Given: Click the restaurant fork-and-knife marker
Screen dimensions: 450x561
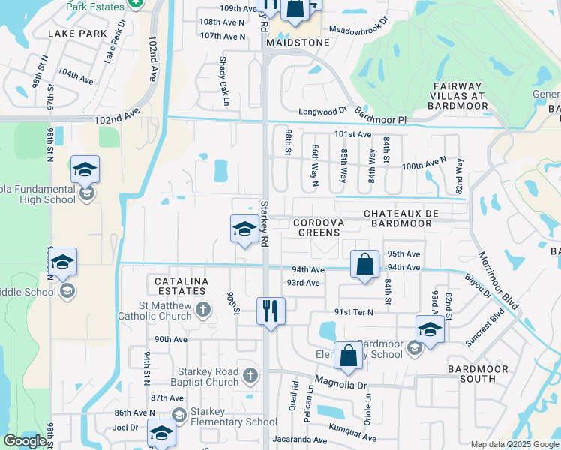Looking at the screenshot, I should (271, 310).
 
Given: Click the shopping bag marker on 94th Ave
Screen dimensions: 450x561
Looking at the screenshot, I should (364, 265).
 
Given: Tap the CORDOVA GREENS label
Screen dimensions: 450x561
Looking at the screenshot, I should (319, 227).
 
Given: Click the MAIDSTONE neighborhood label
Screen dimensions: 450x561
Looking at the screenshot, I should (298, 43).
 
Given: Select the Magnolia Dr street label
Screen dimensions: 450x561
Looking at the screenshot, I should (341, 385).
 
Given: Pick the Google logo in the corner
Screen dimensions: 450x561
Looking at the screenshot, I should (25, 441).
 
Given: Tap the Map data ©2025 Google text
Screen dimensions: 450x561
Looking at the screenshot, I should (514, 444).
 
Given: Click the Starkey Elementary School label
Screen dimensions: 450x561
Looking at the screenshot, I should (232, 421).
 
